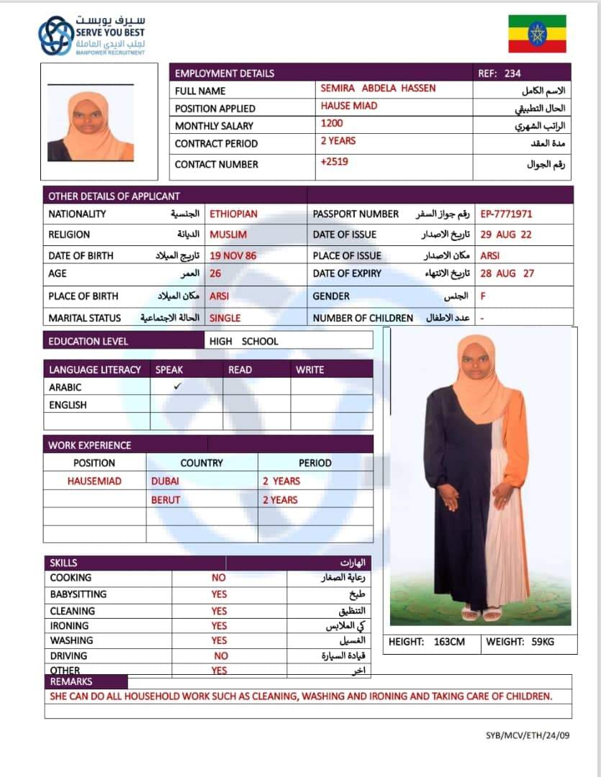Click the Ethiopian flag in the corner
tap(537, 34)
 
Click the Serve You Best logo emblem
tap(55, 36)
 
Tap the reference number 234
tap(512, 73)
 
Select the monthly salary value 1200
tap(332, 124)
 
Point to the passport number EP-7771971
tap(507, 214)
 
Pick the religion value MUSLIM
tap(227, 235)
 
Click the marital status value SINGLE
tap(225, 318)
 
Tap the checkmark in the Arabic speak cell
tap(178, 386)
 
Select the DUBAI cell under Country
tap(165, 481)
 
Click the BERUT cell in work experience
tap(166, 500)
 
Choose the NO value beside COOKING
tap(219, 578)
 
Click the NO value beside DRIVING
tap(221, 656)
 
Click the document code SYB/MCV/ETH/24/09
tap(528, 736)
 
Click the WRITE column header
tap(310, 370)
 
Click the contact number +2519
tap(334, 162)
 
